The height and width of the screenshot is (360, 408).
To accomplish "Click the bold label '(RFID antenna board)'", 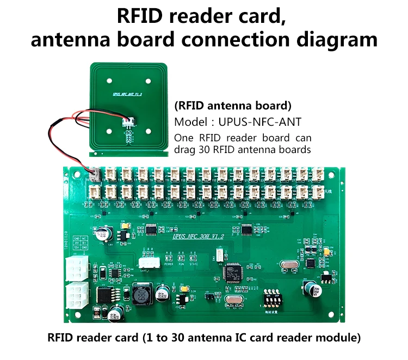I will [232, 105].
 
